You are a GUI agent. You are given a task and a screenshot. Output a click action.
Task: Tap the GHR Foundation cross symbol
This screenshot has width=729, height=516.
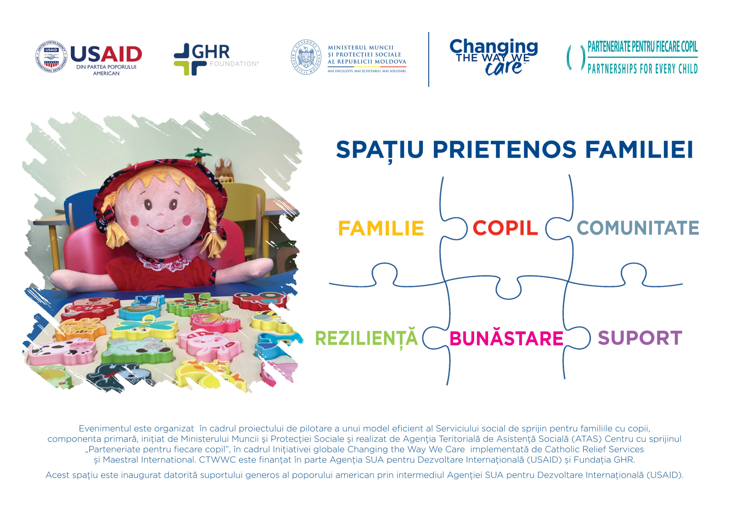190,60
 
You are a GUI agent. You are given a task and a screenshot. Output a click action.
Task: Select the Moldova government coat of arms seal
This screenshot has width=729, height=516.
306,57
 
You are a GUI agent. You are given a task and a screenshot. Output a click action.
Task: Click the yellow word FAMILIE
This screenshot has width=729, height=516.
381,228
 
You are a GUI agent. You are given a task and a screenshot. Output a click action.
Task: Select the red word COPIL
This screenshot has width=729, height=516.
505,228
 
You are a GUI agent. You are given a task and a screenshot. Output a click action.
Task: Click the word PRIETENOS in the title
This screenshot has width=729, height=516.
504,149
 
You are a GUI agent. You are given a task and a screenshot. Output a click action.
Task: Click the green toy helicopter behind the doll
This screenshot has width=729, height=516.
198,154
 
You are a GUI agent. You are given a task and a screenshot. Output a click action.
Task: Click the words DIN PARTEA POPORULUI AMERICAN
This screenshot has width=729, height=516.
106,70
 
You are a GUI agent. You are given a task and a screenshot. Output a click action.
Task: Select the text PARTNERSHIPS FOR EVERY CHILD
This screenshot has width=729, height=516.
642,69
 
